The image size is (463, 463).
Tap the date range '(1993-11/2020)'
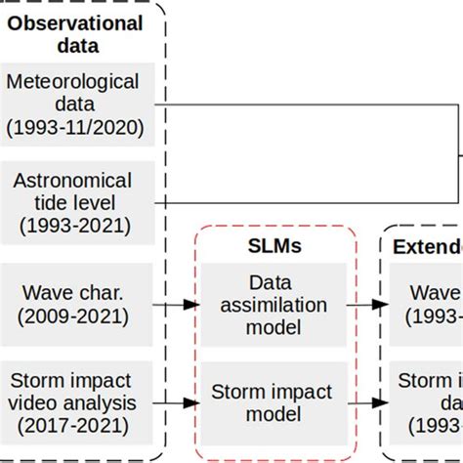click(x=76, y=127)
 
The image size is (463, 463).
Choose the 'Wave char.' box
click(x=76, y=304)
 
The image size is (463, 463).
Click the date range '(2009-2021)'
click(x=76, y=316)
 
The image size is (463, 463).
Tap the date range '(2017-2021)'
click(x=76, y=425)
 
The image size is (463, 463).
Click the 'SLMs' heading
click(x=273, y=248)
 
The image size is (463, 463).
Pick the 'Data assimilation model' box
click(x=273, y=305)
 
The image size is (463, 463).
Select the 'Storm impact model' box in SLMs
click(x=273, y=402)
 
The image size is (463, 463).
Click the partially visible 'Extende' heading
click(x=427, y=248)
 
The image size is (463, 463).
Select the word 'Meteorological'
click(x=76, y=80)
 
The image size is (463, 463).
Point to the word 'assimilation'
click(x=273, y=305)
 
